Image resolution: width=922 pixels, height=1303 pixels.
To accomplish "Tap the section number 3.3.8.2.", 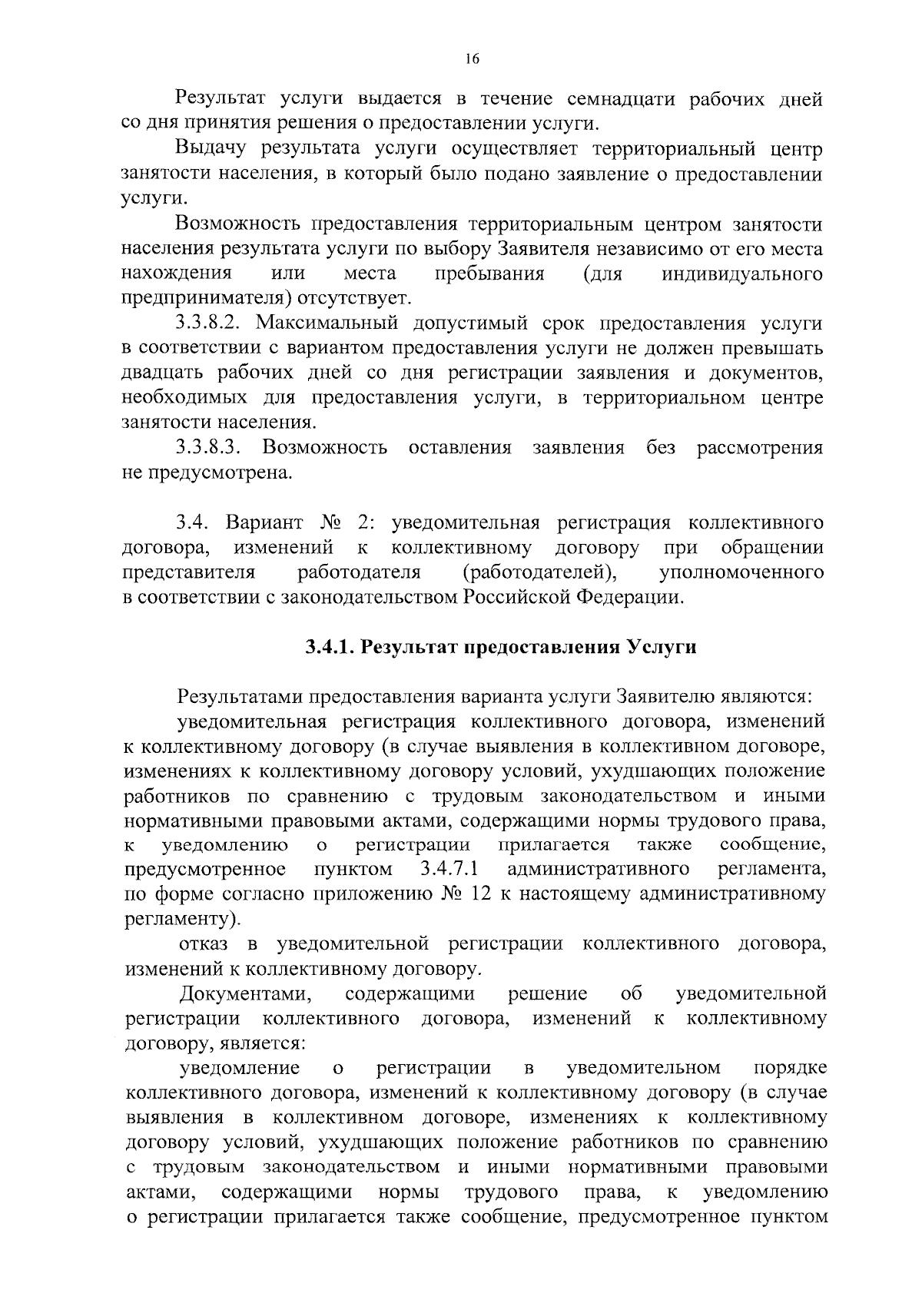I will click(211, 323).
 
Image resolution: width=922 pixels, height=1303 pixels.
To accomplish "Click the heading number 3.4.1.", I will click(329, 647).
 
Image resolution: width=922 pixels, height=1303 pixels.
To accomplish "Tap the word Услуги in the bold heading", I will click(662, 647).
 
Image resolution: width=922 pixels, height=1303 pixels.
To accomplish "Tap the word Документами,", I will click(245, 993).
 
